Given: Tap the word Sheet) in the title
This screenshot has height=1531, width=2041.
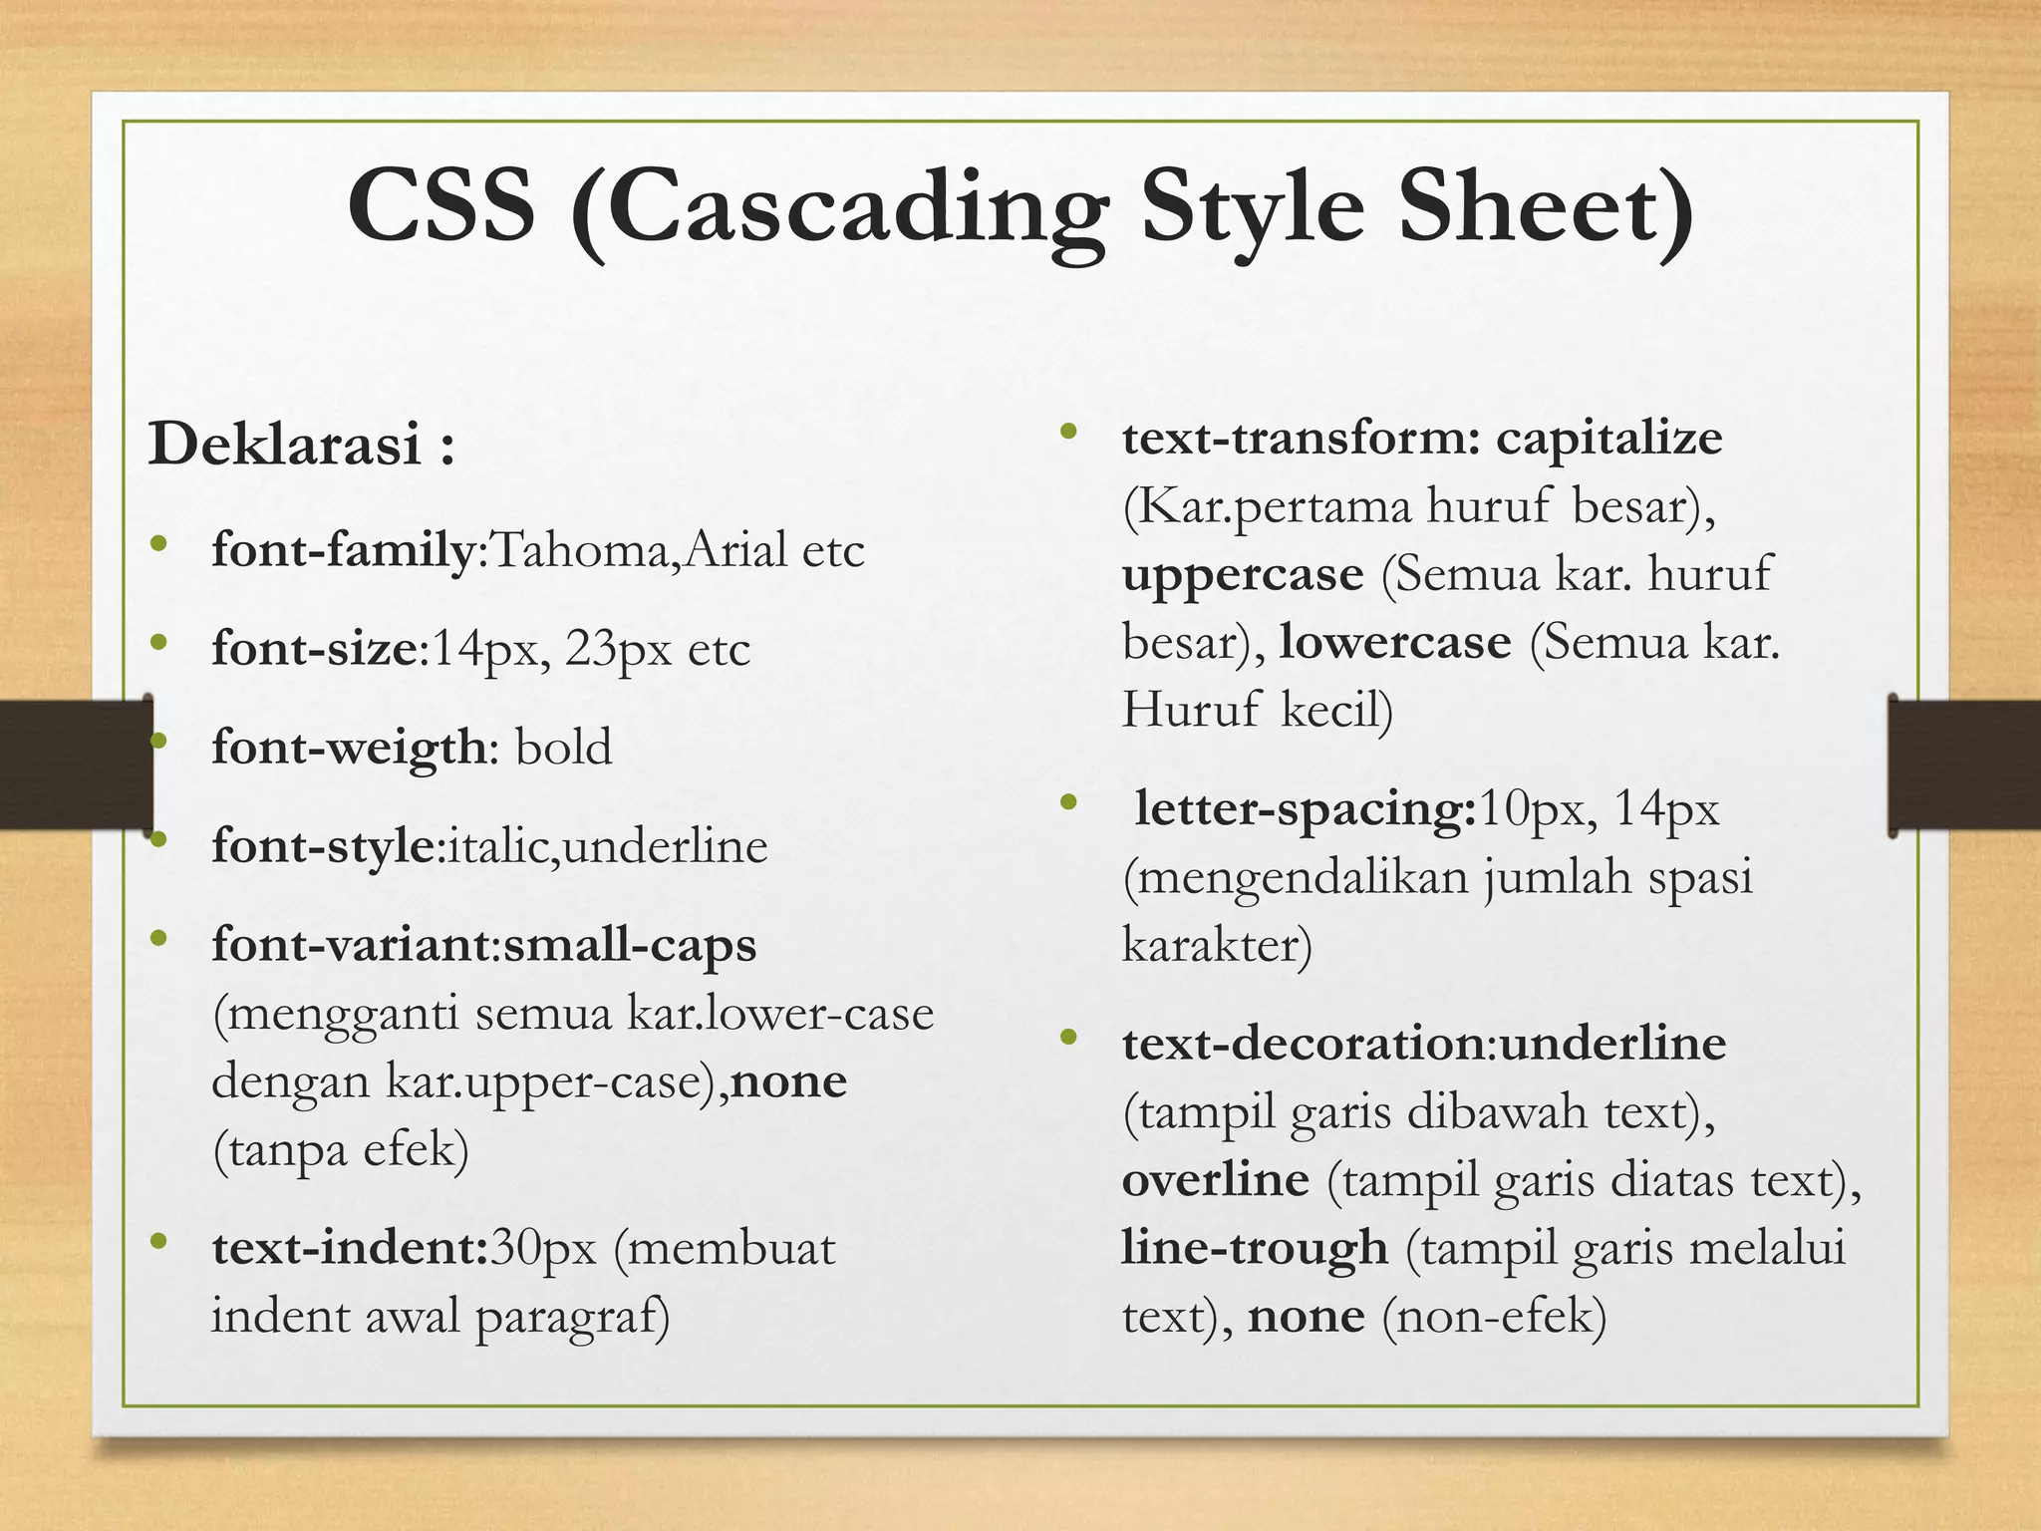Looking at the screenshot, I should [1546, 207].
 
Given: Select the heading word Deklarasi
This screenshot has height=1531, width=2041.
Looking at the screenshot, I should [285, 444].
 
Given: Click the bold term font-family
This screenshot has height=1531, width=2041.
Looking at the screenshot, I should [343, 550].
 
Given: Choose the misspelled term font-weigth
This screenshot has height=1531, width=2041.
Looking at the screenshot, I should [349, 748].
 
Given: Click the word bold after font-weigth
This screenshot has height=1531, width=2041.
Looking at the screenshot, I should [563, 748].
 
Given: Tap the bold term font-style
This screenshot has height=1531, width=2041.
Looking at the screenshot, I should [324, 846].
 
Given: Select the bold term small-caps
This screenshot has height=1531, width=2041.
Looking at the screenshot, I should [630, 945].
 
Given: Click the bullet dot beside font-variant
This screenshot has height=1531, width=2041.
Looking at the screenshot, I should [157, 939].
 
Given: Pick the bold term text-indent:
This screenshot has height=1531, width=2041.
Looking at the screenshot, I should [350, 1248].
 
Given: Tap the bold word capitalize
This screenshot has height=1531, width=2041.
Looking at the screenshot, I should [1608, 439].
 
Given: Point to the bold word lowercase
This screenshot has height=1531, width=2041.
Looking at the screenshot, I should [1395, 643].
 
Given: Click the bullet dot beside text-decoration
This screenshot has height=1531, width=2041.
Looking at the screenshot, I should [1069, 1038].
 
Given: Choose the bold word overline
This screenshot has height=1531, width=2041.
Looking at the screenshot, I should [1215, 1180].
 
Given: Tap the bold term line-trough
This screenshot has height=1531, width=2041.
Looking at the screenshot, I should [1255, 1248].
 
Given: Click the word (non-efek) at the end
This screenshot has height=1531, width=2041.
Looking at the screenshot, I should [1494, 1317].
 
